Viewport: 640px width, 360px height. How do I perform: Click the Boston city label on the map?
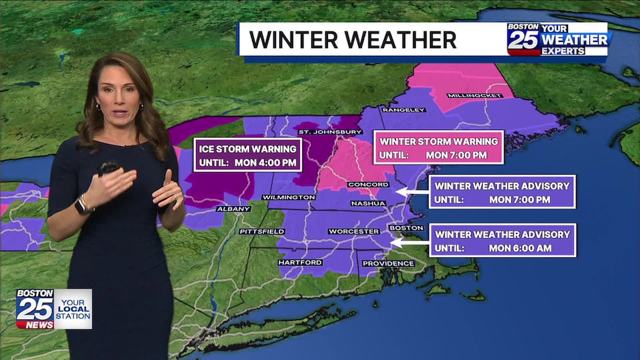point(406,228)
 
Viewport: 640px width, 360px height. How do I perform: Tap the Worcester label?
point(353,231)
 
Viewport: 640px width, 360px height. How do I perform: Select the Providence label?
point(388,263)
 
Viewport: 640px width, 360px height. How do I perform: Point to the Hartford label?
point(300,263)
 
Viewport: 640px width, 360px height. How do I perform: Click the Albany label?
point(233,209)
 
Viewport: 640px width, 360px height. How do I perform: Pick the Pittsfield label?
point(262,231)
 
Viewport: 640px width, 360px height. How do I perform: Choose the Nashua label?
point(368,203)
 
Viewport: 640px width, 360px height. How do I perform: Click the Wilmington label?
point(289,197)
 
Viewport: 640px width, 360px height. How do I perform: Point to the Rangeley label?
point(403,110)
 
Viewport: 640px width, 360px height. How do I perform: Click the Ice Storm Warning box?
point(247,154)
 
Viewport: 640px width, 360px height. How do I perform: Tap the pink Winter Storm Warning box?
point(438,148)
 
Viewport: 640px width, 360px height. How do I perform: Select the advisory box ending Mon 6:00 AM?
point(502,241)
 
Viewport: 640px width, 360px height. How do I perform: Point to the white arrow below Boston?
point(407,243)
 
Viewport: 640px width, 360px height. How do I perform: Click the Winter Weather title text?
point(353,39)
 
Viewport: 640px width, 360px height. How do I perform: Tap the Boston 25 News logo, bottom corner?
point(53,309)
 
